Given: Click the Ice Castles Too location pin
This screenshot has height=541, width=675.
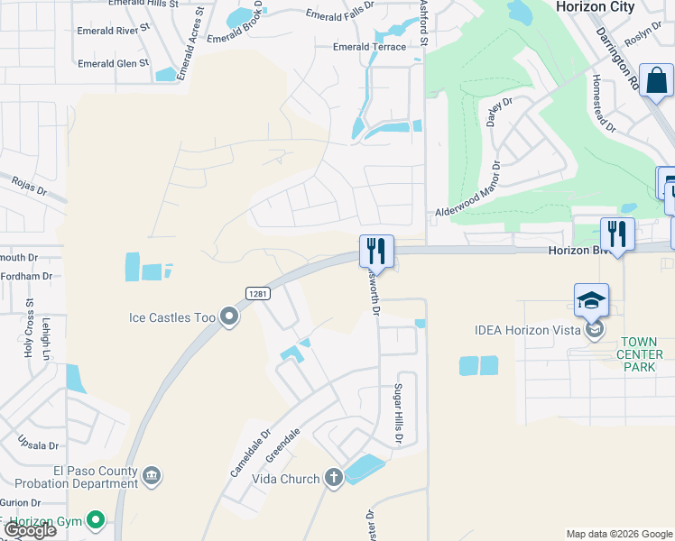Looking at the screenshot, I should [x=229, y=316].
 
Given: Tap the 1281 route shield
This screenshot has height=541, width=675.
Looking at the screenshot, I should [x=257, y=292].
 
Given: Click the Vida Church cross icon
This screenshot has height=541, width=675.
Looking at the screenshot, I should [x=334, y=478].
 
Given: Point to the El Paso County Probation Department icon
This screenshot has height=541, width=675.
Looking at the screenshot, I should [x=152, y=475].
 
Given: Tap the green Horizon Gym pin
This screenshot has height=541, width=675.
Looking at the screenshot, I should [x=96, y=519].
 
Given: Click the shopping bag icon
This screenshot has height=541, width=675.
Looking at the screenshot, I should [x=656, y=81].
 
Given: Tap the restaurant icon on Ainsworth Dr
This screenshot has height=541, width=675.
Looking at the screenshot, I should [x=376, y=250].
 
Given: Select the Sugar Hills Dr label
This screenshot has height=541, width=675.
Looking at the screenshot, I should [x=396, y=413].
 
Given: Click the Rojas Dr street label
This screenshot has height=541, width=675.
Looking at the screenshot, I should [x=28, y=187].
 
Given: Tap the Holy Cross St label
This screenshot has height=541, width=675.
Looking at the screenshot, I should [x=29, y=329].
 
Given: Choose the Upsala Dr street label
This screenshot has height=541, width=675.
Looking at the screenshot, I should [x=39, y=445].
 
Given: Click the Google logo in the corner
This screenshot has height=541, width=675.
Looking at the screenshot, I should [x=29, y=530].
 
